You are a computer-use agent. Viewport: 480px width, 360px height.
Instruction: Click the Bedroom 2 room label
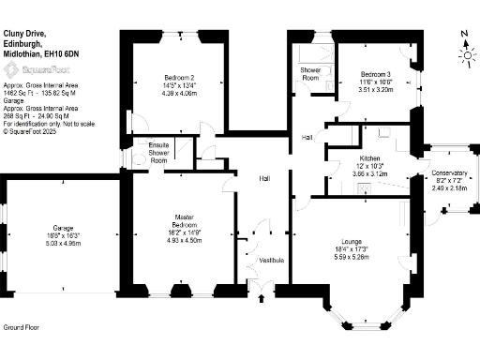pyautogui.click(x=179, y=77)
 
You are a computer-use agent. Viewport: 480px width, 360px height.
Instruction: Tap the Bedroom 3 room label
pyautogui.click(x=376, y=73)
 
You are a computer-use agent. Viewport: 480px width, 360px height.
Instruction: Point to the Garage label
pyautogui.click(x=63, y=228)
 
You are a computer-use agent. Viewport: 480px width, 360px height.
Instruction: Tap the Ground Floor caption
pyautogui.click(x=21, y=328)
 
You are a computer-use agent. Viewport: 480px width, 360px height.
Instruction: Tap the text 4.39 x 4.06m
pyautogui.click(x=179, y=93)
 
